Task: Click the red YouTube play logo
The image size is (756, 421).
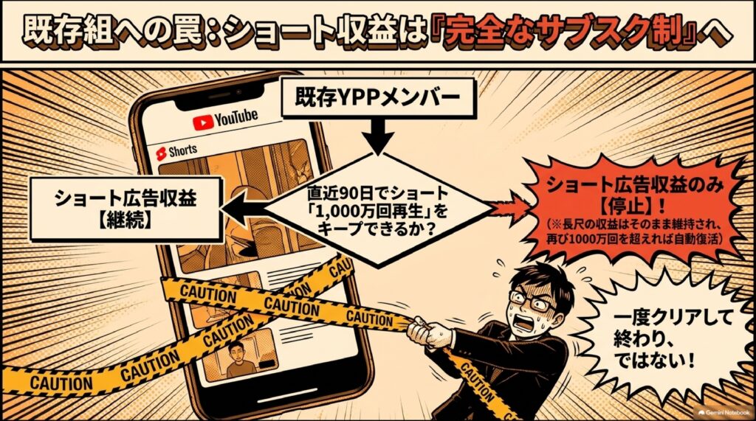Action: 203,122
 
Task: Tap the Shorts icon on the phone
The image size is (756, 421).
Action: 161,153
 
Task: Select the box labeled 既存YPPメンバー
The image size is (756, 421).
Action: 377,98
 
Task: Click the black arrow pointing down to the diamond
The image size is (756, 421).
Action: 379,136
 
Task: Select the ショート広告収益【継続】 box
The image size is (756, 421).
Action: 126,209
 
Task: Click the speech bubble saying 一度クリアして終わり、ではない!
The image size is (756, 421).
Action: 673,340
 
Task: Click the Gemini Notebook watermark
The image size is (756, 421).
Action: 724,413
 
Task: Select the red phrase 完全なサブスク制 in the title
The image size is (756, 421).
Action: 565,32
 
